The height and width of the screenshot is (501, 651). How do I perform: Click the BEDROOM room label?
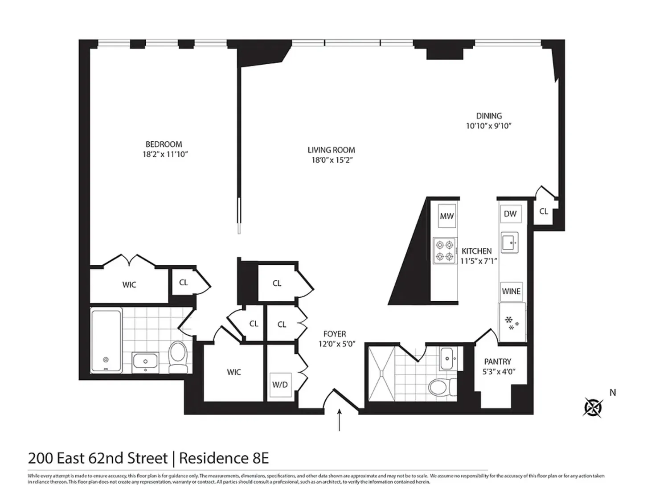[164, 144]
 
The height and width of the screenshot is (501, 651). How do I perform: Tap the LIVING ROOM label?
[331, 150]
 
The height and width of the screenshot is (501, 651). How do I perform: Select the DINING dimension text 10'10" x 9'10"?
[488, 126]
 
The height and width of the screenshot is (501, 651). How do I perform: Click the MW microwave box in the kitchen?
[446, 216]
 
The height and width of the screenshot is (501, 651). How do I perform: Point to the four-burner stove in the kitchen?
[444, 250]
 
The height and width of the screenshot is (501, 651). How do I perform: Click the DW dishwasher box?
[510, 214]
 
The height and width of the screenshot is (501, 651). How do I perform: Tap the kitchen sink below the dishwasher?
[509, 242]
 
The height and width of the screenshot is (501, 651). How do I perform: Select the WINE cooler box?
[511, 292]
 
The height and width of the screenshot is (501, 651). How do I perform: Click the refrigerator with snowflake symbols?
[512, 322]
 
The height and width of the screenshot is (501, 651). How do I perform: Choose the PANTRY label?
[498, 361]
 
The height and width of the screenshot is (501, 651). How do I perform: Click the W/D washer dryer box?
[280, 385]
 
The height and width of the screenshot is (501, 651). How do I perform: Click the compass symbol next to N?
[593, 407]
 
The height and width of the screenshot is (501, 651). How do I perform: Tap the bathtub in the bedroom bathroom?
[106, 341]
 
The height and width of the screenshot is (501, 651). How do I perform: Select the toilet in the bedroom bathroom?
[178, 357]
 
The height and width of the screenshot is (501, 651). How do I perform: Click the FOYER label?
[335, 334]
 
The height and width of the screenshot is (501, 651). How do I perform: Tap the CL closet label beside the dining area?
[544, 211]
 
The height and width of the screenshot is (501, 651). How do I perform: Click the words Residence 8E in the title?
[224, 458]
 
